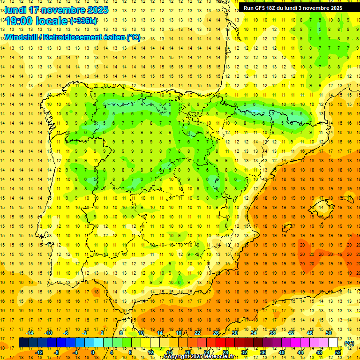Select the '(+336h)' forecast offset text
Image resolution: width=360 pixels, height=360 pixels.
click(83, 21)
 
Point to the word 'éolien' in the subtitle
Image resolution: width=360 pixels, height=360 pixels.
click(112, 37)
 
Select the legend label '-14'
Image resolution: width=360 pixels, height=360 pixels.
click(30, 333)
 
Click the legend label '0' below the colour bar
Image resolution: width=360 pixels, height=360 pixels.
click(93, 352)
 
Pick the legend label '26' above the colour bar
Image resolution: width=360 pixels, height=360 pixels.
click(216, 333)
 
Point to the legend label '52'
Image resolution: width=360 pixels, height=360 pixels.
click(338, 352)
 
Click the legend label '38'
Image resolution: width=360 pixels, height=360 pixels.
click(272, 333)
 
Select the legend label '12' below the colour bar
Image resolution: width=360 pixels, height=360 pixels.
click(150, 352)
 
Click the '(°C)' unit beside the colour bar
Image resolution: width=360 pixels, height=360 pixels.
click(349, 343)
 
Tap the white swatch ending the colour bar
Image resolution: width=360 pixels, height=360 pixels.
click(333, 343)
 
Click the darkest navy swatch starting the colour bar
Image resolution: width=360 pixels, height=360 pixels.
click(23, 343)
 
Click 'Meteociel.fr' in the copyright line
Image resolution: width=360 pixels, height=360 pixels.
click(217, 357)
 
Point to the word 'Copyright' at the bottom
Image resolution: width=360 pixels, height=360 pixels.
click(177, 357)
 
